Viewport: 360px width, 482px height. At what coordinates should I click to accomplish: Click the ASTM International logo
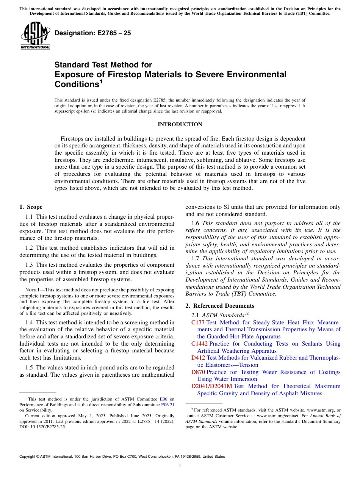pos(35,36)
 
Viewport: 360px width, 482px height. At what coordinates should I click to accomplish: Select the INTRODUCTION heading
pos(180,125)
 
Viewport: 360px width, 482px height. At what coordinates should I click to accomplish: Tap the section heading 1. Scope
pos(31,207)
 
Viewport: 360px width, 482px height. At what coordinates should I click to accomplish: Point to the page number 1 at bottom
pos(180,466)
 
